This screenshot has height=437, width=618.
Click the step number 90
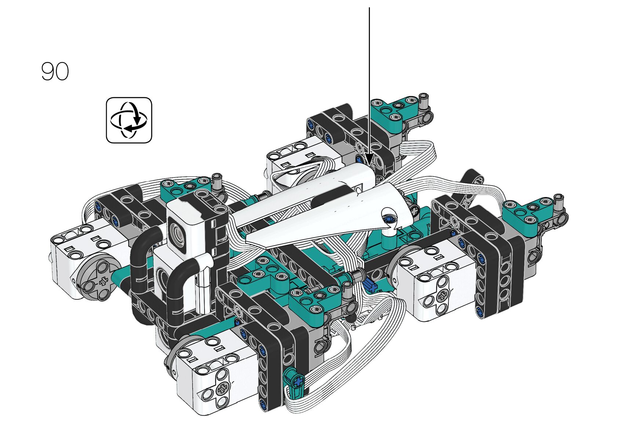55,71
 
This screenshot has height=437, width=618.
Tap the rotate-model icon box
129,120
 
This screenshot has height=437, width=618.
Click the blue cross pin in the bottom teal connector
298,382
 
